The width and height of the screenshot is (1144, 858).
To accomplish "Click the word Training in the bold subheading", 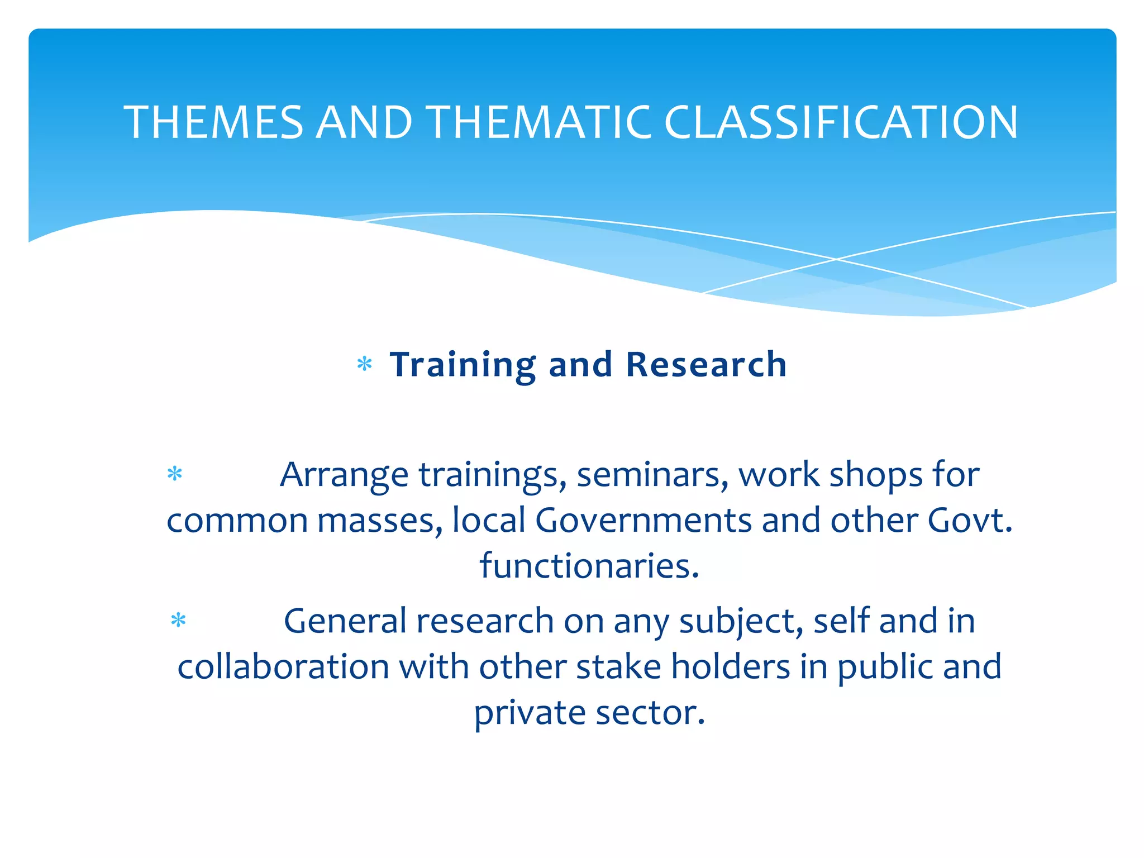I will [x=463, y=365].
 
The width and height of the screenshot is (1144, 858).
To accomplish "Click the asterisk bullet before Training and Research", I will [x=364, y=365].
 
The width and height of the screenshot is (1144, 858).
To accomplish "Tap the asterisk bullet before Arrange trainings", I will [x=175, y=474].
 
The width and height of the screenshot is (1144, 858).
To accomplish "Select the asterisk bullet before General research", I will [x=178, y=621].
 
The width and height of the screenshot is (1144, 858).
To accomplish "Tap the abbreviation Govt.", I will [x=970, y=520].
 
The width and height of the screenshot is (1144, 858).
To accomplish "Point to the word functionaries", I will [x=589, y=565].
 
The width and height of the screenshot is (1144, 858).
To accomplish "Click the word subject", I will [x=741, y=622].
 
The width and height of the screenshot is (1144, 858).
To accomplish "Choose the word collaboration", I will [x=283, y=666].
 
